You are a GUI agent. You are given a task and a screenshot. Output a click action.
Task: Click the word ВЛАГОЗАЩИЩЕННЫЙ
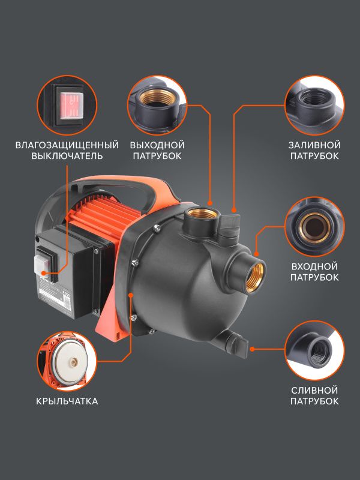pos(67,145)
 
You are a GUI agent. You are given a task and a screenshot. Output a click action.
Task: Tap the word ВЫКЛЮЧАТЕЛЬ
pos(67,156)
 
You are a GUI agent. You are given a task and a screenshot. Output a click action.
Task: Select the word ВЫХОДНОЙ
pos(157,145)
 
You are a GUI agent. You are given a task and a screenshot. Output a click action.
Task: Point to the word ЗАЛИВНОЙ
pos(314,145)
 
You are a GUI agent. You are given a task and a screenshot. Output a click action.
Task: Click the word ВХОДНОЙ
pos(314,266)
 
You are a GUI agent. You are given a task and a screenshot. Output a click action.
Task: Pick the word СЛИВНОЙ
pos(314,391)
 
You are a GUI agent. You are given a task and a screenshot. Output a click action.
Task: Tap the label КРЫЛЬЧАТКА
pos(67,401)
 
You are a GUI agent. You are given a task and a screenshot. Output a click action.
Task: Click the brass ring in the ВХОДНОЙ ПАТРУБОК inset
pos(314,227)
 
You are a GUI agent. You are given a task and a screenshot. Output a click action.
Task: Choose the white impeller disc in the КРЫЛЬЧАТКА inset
pos(70,362)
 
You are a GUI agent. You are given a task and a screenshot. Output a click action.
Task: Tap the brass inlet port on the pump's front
pos(256,277)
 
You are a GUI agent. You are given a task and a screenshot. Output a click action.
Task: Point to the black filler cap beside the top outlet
pos(229,226)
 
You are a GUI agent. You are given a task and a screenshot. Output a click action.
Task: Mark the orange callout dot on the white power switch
pos(44,274)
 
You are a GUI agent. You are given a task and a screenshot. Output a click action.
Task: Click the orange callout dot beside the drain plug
pos(252,349)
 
